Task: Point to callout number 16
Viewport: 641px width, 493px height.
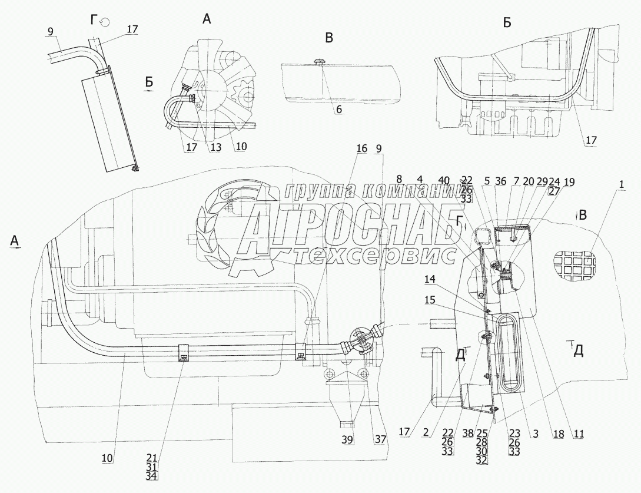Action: click(361, 147)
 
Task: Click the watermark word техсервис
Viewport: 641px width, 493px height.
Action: click(377, 255)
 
